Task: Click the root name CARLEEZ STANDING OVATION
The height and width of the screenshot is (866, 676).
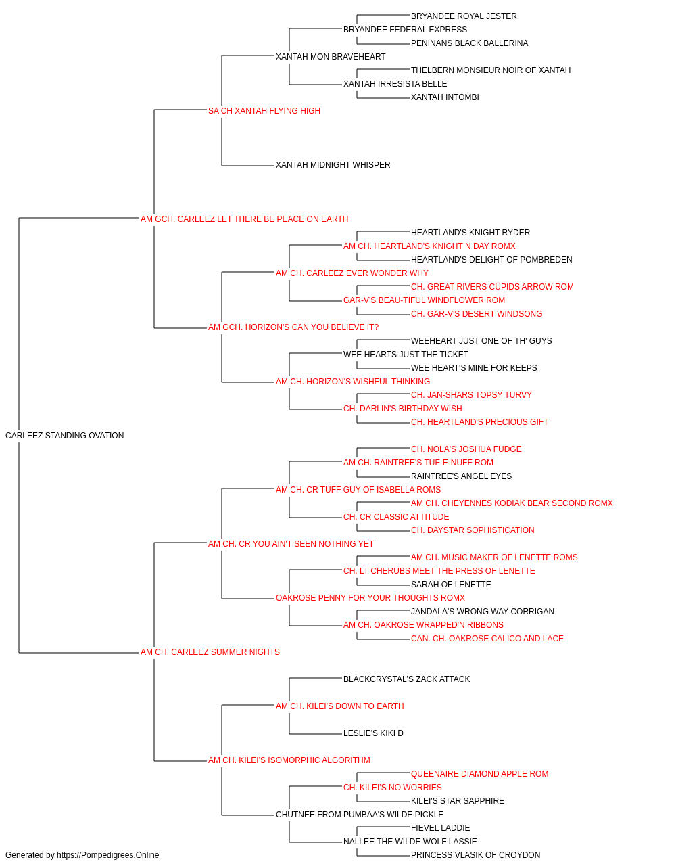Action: click(x=64, y=435)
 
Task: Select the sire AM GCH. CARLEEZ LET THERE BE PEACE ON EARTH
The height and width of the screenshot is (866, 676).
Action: click(x=244, y=219)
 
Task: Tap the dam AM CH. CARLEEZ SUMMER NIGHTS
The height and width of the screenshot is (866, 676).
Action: click(x=210, y=652)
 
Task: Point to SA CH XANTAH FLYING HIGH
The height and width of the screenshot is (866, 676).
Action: click(x=264, y=111)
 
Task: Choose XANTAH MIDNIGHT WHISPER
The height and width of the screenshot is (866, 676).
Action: click(x=333, y=165)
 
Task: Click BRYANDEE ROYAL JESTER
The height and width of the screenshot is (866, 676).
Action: click(x=464, y=16)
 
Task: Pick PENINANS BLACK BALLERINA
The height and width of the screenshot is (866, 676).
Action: click(x=469, y=43)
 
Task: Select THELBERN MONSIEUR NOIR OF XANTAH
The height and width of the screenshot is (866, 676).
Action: click(x=491, y=70)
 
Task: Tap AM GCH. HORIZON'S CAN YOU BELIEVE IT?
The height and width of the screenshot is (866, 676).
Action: click(x=293, y=327)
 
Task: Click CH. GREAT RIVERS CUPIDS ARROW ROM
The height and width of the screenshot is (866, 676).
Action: click(x=492, y=287)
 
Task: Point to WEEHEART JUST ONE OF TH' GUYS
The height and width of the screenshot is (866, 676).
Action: click(x=481, y=341)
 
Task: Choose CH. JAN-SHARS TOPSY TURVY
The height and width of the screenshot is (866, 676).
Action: click(x=471, y=395)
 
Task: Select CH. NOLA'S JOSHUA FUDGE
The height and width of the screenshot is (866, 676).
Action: click(x=466, y=449)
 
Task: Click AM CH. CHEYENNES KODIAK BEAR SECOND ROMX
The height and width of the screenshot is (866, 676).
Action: click(x=512, y=503)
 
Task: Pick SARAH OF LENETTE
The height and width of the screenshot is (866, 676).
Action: click(x=451, y=585)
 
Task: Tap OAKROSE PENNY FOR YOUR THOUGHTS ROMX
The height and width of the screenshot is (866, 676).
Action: click(x=370, y=598)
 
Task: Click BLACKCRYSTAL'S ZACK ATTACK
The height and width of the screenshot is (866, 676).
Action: click(x=406, y=679)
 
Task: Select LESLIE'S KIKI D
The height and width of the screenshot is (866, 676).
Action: click(x=373, y=733)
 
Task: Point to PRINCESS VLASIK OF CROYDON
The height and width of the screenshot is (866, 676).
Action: click(x=475, y=855)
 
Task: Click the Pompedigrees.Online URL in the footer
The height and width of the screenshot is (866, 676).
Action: click(x=107, y=855)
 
